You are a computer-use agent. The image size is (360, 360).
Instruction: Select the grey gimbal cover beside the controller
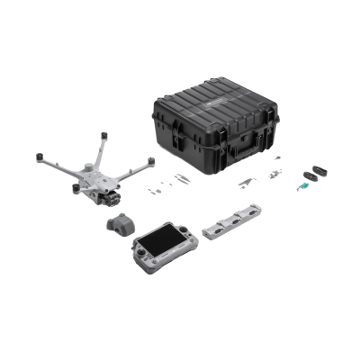(119, 225)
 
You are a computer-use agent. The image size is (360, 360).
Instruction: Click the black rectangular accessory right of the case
(314, 172)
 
